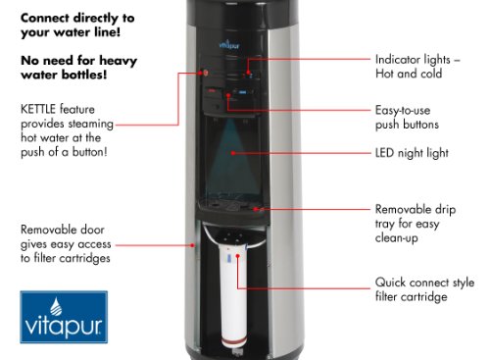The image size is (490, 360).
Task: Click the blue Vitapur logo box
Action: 64,317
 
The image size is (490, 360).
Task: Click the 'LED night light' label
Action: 412,153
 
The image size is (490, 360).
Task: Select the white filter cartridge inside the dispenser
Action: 233,296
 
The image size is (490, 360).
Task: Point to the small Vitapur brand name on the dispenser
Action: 229,45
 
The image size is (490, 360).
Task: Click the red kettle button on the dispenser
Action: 205,73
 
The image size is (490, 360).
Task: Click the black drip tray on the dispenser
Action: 233,211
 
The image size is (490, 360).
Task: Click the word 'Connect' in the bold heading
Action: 45,18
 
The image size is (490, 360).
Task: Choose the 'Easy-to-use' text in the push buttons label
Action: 403,110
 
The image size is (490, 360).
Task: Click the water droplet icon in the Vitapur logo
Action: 56,306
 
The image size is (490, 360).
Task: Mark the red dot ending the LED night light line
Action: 233,153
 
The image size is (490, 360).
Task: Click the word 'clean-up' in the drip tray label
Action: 396,238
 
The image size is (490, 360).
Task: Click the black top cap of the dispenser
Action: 242,13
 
